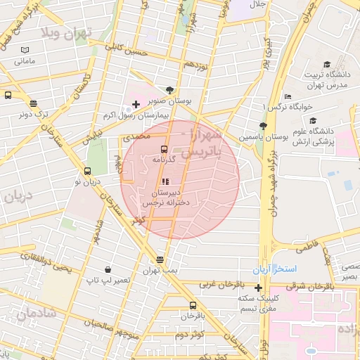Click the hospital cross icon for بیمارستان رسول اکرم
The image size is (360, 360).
(136, 104)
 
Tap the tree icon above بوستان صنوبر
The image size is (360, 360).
(169, 90)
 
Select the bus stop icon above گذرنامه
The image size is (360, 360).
(164, 149)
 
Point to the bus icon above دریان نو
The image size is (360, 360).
(87, 171)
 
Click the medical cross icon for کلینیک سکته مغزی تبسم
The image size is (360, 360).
(259, 287)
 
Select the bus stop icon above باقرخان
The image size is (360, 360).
(193, 305)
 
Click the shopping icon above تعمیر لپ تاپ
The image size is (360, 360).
(108, 269)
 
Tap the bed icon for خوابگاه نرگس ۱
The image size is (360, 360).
(288, 96)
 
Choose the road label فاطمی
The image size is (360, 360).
(307, 248)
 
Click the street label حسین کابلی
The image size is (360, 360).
(127, 49)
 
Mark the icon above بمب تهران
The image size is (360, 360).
(160, 259)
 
